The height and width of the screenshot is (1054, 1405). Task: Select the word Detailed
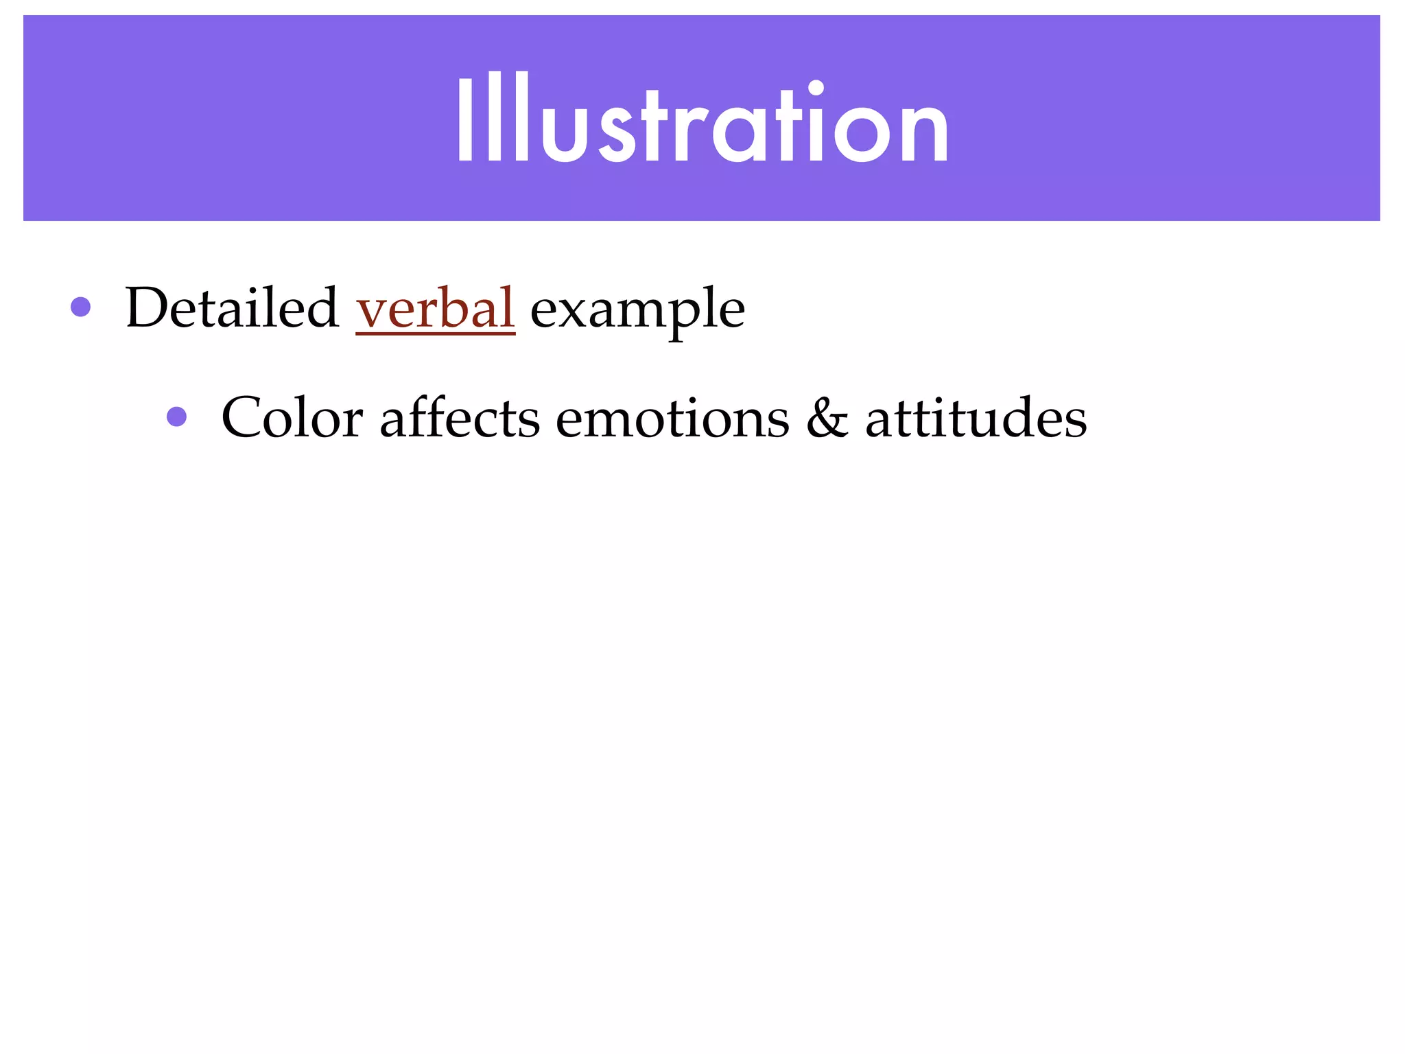(232, 308)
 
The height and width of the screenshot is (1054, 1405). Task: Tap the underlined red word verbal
(435, 308)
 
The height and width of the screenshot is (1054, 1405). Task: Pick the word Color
(292, 418)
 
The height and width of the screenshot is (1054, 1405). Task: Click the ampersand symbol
(827, 418)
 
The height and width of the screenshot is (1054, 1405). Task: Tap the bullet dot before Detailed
(81, 307)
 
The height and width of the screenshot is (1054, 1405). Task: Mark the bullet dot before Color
(177, 417)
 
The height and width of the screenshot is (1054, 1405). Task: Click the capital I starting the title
(465, 118)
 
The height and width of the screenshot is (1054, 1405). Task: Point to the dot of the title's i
(816, 87)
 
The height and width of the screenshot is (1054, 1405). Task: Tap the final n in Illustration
(923, 134)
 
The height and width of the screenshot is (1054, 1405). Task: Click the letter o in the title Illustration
(864, 134)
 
